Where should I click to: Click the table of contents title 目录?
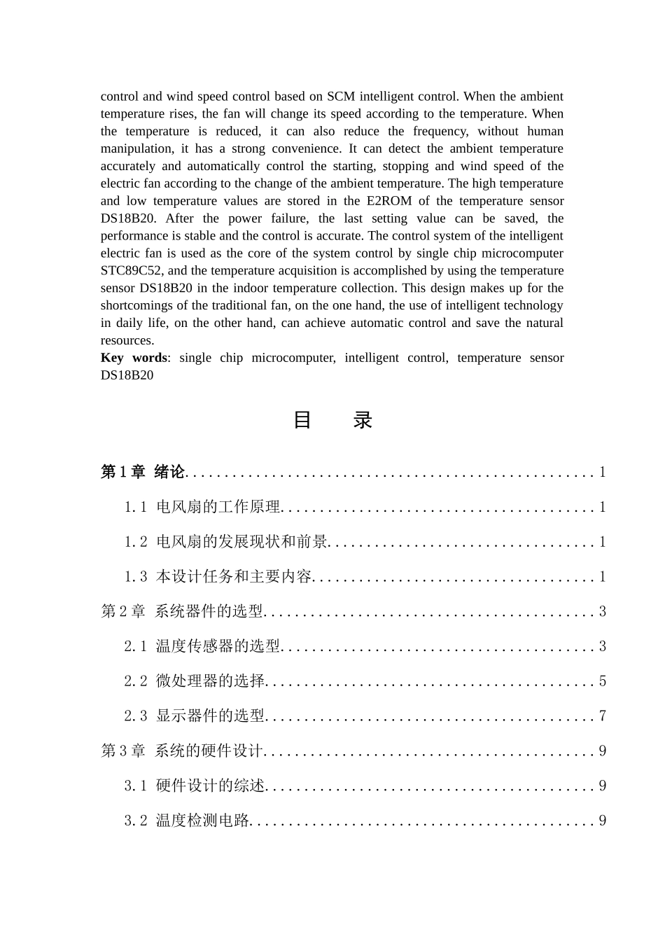click(x=332, y=420)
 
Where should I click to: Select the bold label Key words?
click(x=133, y=358)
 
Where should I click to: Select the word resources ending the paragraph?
click(x=126, y=340)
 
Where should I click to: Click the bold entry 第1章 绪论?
click(x=143, y=472)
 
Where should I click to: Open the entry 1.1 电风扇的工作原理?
click(x=202, y=507)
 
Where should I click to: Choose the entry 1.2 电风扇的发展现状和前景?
click(x=226, y=542)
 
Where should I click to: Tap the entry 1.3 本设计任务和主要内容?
click(x=218, y=577)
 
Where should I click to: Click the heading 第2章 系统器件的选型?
click(x=182, y=611)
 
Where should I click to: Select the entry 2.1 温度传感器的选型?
click(x=202, y=646)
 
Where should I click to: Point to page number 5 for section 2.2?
click(x=602, y=681)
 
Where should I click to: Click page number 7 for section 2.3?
click(x=602, y=716)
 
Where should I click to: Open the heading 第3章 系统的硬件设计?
click(x=182, y=751)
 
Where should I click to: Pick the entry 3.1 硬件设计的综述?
click(x=195, y=786)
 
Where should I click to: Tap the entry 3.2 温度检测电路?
click(x=187, y=821)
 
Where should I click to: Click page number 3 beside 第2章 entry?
click(x=602, y=611)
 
